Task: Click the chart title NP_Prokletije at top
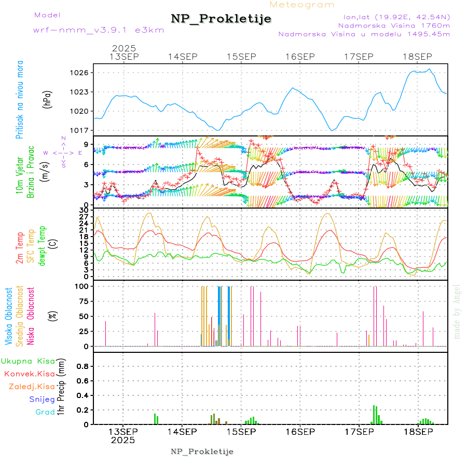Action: click(221, 19)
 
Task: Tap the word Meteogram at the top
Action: click(303, 5)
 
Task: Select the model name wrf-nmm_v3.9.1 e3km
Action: click(99, 30)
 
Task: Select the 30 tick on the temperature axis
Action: click(83, 210)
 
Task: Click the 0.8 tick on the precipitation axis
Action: click(83, 366)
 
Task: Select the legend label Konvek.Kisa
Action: click(29, 374)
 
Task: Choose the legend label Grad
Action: click(45, 412)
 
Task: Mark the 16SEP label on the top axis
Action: click(300, 57)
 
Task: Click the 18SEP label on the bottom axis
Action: click(418, 432)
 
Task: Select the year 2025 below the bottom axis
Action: click(123, 441)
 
